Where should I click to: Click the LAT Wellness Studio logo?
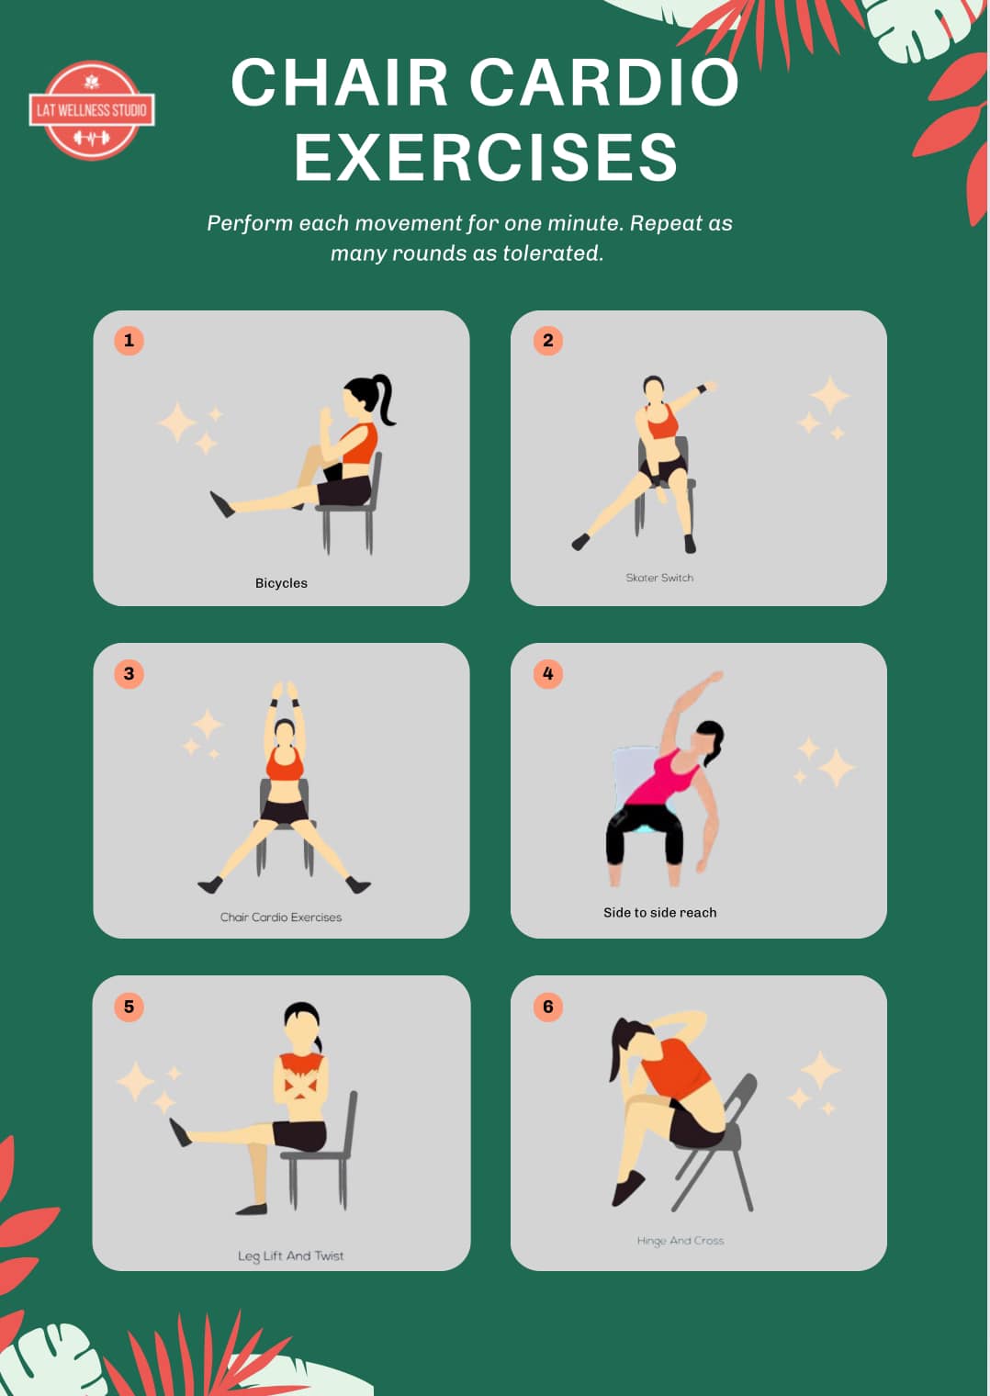coord(92,110)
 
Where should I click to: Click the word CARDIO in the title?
coord(603,83)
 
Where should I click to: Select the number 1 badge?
coord(129,340)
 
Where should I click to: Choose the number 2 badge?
coord(548,340)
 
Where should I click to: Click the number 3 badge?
coord(129,674)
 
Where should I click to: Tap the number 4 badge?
coord(548,674)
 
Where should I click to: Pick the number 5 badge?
coord(129,1007)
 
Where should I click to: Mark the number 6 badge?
coord(548,1007)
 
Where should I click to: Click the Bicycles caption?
coord(281,583)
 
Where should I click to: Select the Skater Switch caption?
coord(659,578)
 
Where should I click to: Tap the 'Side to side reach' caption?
coord(659,912)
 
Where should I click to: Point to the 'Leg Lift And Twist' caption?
coord(290,1255)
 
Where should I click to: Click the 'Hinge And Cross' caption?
coord(681,1241)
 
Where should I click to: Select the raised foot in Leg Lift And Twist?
coord(179,1132)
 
